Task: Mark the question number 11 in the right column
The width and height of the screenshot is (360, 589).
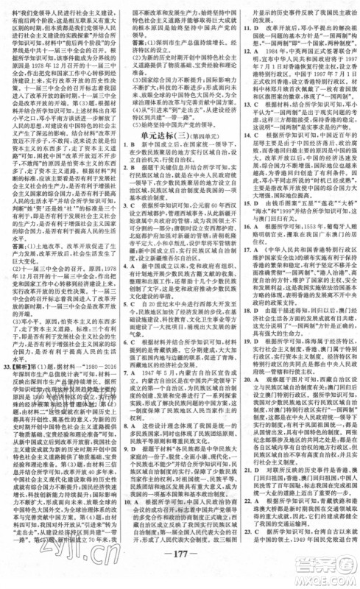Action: [x=246, y=23]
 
